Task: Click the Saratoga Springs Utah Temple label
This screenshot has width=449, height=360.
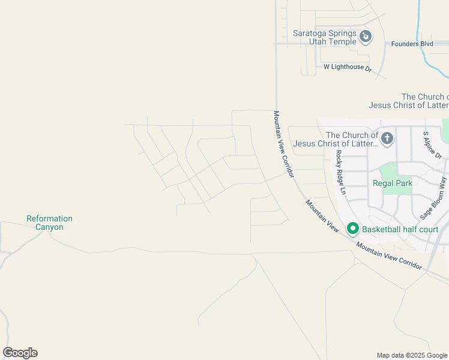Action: [324, 37]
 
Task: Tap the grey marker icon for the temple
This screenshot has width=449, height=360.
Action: [366, 37]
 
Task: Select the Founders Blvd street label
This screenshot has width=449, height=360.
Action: [411, 44]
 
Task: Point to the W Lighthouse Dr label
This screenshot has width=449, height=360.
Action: [348, 68]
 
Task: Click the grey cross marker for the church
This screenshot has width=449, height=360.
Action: [387, 139]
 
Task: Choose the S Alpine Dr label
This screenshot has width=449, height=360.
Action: [432, 146]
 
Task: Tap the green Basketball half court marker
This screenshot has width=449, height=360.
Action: [352, 229]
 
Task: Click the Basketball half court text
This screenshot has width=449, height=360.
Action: [400, 229]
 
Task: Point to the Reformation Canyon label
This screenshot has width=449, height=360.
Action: [49, 223]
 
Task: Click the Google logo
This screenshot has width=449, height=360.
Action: [20, 353]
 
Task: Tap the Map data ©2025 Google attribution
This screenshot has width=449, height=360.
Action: [412, 355]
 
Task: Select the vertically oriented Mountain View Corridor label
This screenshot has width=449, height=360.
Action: [285, 144]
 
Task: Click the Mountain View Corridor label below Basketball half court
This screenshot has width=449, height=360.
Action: [389, 255]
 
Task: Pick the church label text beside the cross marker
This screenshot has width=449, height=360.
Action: [352, 139]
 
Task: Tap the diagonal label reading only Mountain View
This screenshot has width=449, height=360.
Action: [322, 216]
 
